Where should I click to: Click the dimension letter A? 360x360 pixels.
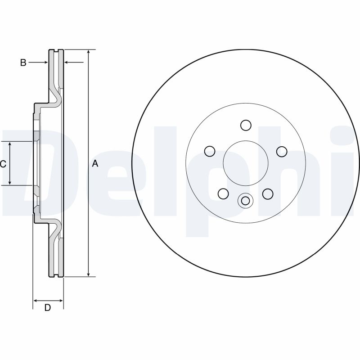(95, 164)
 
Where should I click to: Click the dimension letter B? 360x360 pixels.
(23, 63)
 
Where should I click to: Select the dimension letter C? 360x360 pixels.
(3, 164)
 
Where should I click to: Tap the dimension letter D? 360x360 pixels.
(47, 308)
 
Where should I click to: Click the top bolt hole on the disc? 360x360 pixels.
(245, 125)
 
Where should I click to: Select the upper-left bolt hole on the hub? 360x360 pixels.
(209, 151)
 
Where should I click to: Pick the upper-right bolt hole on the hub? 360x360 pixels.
(282, 151)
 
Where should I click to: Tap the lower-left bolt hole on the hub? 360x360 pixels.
(223, 193)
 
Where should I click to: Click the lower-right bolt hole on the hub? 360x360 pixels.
(268, 193)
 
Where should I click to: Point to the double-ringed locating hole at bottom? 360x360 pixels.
(245, 201)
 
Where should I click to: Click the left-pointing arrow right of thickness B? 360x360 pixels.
(68, 63)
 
